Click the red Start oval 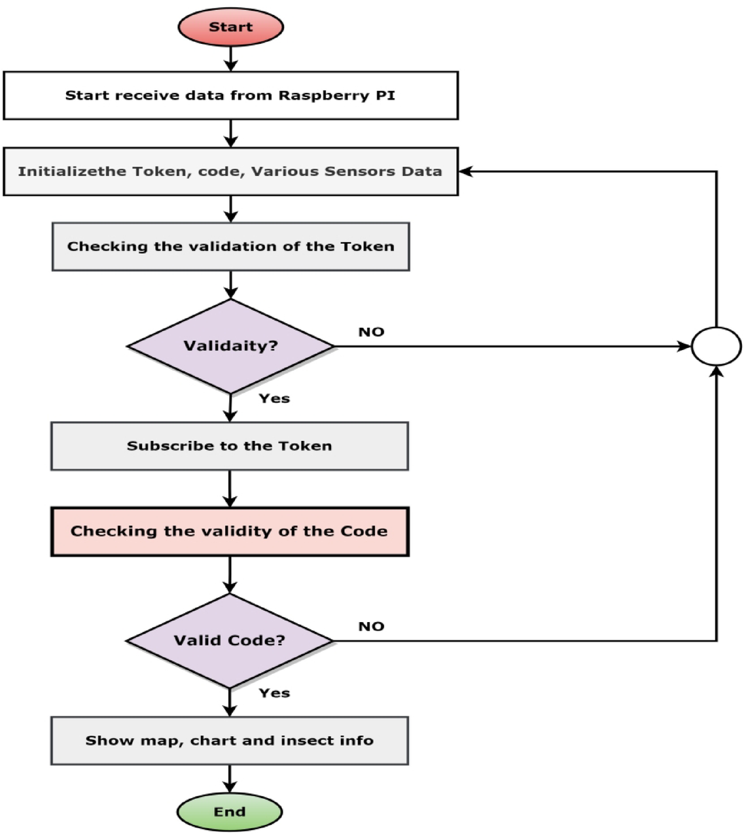230,27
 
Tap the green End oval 229,812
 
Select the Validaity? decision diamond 230,346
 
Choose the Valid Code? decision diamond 230,640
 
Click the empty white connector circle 717,346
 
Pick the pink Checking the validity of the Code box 230,531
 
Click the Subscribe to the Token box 230,446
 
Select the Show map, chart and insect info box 230,741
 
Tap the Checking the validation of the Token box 230,247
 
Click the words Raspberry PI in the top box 337,96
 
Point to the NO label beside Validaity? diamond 371,332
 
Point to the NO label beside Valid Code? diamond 371,627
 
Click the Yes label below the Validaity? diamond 274,398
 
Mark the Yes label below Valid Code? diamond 274,693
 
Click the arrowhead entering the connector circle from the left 684,346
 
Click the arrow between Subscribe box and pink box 230,489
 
